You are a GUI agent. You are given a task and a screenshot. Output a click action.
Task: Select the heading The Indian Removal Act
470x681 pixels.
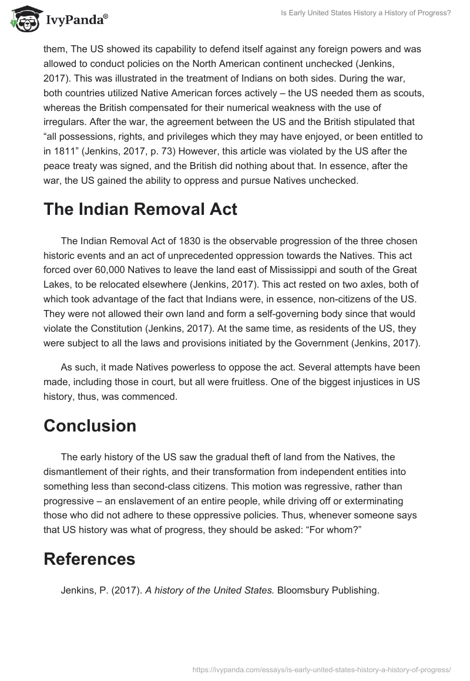click(x=140, y=210)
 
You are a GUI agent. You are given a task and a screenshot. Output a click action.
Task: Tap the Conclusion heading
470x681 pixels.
click(x=90, y=425)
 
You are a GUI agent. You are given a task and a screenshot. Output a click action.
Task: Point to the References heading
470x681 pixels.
click(x=89, y=559)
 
